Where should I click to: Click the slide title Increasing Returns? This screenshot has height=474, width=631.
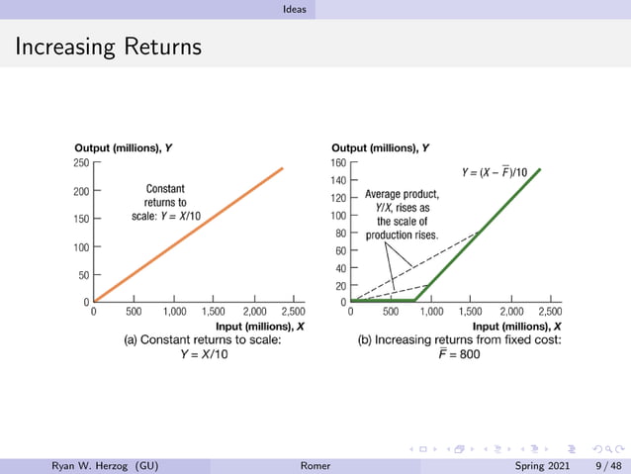click(x=108, y=47)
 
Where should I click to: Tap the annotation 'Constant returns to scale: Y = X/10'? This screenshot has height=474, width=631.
click(x=164, y=202)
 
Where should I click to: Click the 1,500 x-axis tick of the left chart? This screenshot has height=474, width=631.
click(x=215, y=311)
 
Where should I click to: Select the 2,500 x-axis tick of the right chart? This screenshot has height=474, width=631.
click(x=550, y=311)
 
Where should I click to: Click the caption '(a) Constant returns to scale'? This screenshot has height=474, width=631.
click(x=203, y=339)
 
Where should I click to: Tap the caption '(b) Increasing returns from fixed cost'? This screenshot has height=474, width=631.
click(x=459, y=339)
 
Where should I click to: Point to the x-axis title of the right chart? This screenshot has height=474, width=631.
click(x=517, y=325)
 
